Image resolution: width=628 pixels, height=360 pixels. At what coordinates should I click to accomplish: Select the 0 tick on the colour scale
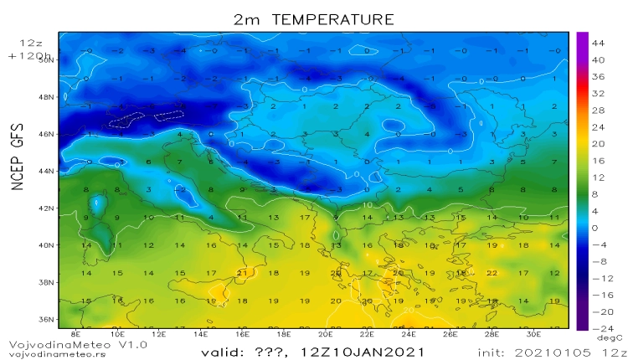[x=595, y=227]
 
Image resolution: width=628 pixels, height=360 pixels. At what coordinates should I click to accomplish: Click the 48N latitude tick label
[x=47, y=97]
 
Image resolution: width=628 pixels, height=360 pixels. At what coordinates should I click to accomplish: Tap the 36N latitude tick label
[x=47, y=319]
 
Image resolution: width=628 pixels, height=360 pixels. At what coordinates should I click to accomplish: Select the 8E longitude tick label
[x=76, y=334]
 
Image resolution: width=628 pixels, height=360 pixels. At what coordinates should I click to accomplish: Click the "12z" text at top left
[x=29, y=41]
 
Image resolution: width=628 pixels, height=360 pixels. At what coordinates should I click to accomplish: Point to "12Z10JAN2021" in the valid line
[x=368, y=349]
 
